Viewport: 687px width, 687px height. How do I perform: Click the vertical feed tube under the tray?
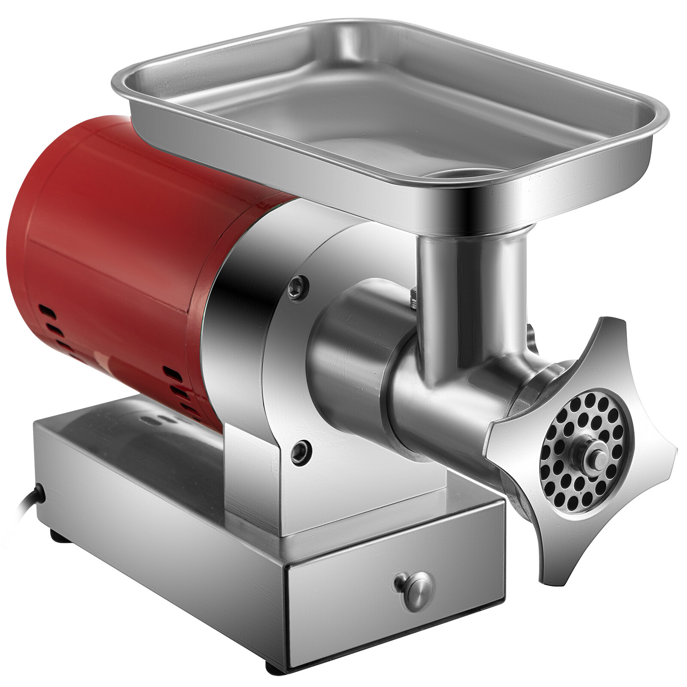472,292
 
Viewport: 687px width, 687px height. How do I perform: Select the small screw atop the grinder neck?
413,296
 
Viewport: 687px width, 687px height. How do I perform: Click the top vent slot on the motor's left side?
46,310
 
